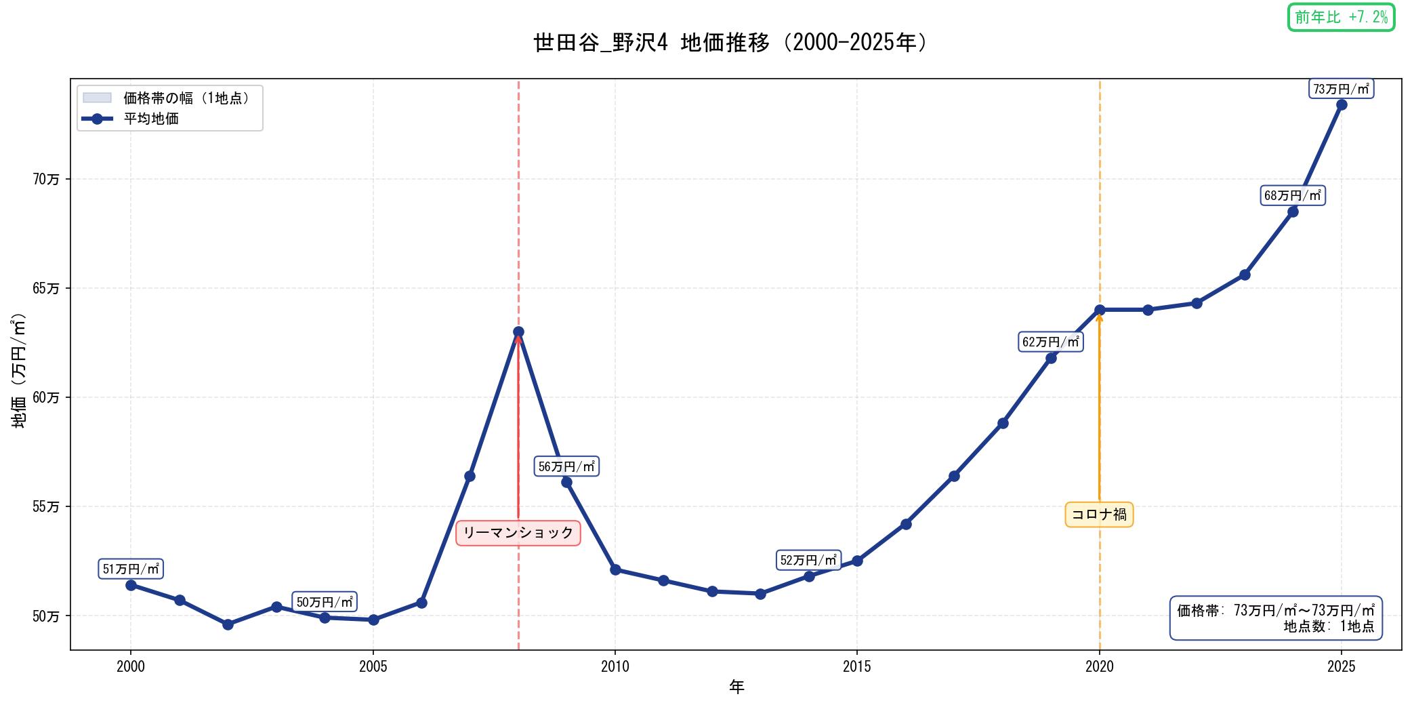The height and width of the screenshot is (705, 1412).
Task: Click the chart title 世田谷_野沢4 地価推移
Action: click(730, 43)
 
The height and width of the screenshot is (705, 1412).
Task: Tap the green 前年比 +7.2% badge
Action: click(1341, 18)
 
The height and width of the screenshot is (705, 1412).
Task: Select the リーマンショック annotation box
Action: click(518, 533)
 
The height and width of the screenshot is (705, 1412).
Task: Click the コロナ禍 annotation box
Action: click(1099, 515)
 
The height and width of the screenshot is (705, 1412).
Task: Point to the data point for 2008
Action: click(518, 332)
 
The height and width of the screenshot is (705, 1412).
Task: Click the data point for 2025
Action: click(1341, 104)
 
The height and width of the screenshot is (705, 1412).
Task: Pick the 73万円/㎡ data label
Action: click(1341, 89)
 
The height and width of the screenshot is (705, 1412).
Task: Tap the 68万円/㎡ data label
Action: click(1292, 196)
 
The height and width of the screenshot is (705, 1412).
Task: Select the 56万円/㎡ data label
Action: click(566, 466)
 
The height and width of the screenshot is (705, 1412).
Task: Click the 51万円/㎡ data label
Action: click(131, 569)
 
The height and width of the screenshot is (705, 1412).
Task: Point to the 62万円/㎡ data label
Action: click(1050, 342)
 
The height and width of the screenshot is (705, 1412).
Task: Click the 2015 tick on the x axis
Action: click(856, 666)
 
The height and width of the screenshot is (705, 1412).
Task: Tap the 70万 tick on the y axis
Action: click(46, 179)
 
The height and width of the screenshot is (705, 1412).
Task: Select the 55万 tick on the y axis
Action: click(46, 506)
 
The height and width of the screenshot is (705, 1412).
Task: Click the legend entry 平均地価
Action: click(151, 119)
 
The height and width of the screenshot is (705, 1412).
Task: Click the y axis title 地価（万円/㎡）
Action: click(19, 370)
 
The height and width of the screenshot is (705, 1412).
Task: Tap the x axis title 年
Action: click(736, 687)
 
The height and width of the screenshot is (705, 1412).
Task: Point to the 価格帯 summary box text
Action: click(1275, 618)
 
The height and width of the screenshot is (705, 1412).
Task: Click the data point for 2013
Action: click(760, 594)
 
